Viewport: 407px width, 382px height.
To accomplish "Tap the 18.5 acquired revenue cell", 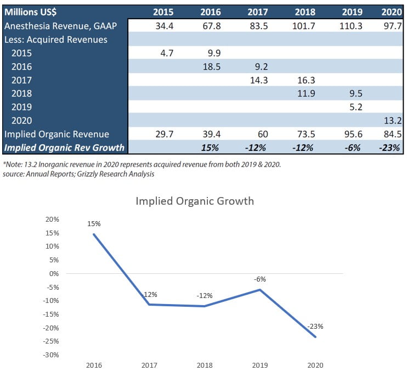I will tap(211, 66).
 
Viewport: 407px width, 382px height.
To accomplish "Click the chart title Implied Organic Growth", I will tap(195, 201).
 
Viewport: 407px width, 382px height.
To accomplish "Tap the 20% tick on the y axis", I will tap(52, 220).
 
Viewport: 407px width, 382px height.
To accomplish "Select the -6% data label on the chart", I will tap(259, 279).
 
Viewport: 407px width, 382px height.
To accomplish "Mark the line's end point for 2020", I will tap(316, 336).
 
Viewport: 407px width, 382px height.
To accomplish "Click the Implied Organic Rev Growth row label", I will tap(64, 148).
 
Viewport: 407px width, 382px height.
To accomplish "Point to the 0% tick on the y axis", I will tap(54, 274).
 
